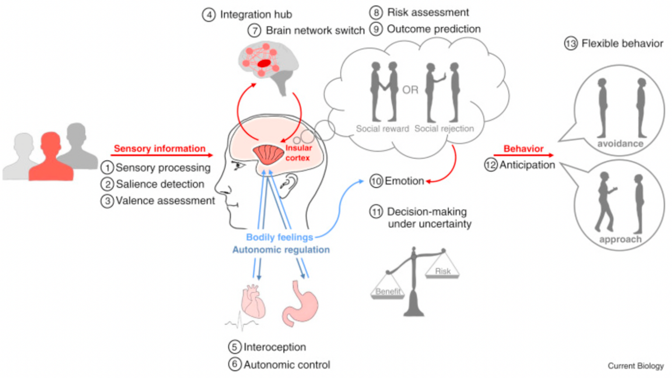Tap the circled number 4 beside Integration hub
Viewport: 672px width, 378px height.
pos(209,15)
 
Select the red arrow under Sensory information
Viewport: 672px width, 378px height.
pos(161,155)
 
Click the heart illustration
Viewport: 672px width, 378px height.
pos(253,301)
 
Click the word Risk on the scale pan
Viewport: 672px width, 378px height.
pos(443,271)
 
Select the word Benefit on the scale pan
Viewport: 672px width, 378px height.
pos(388,291)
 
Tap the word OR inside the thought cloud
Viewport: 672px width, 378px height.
pos(410,90)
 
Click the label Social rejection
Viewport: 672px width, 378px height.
pos(444,128)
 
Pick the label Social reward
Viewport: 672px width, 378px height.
pos(382,128)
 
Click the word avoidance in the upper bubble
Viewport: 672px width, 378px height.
pos(620,143)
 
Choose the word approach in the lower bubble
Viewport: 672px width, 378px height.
pos(620,239)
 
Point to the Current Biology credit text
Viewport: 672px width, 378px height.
pos(635,366)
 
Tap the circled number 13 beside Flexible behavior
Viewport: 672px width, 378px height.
pos(570,44)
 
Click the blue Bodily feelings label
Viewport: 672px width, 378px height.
pos(280,237)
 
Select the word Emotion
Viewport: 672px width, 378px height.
pos(404,181)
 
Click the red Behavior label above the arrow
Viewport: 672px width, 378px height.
pos(523,149)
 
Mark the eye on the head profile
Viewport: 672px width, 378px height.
pos(239,166)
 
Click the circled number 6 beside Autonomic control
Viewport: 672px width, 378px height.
pos(235,364)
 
